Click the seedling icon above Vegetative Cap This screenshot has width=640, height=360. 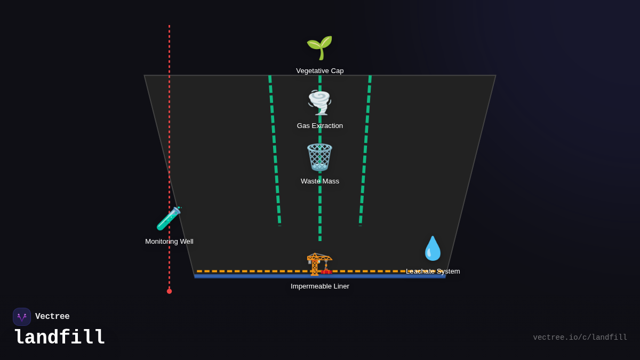click(319, 47)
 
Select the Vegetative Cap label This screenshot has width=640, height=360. click(320, 71)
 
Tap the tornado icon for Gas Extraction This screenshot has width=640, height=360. click(320, 102)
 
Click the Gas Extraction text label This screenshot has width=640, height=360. click(320, 126)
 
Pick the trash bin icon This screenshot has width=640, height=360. click(320, 157)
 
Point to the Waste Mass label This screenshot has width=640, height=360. click(320, 181)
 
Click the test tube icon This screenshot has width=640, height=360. click(169, 218)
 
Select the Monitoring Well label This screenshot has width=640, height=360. click(169, 242)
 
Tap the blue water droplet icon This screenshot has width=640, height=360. click(433, 249)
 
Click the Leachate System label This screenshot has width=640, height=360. click(433, 271)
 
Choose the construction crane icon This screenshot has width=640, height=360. click(319, 263)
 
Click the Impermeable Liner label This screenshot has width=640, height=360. click(320, 286)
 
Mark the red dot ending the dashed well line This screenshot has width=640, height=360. click(169, 291)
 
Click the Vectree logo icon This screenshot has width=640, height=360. click(22, 317)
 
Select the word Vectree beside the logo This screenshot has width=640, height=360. click(52, 317)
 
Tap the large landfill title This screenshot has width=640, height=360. click(60, 338)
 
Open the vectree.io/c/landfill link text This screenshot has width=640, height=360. click(580, 338)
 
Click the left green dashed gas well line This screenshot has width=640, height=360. click(275, 149)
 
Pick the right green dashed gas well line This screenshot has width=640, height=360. click(365, 149)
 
